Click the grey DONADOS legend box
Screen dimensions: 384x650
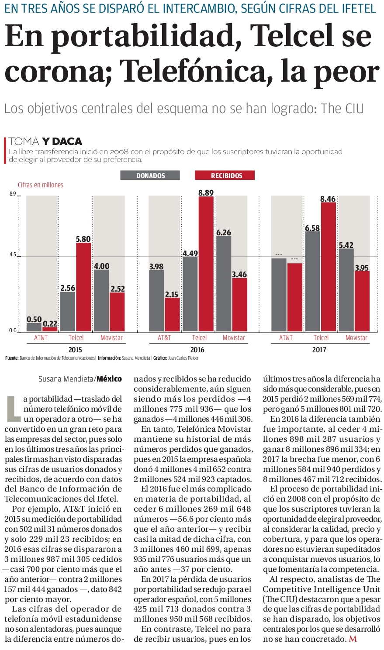point(150,175)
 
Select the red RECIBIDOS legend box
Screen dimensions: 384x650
point(225,175)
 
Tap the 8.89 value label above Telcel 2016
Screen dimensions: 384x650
point(206,193)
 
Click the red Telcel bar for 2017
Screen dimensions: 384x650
point(329,267)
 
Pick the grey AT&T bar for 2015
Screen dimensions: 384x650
point(34,327)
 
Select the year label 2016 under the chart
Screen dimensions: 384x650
point(197,350)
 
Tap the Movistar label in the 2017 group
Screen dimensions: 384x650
point(356,338)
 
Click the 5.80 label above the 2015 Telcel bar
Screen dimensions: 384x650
point(83,239)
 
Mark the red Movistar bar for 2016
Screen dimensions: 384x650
point(240,304)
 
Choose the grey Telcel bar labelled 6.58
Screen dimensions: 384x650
point(312,281)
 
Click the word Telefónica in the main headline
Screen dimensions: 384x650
point(192,71)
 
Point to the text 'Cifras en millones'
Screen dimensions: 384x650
point(40,185)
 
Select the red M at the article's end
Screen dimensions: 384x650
point(353,639)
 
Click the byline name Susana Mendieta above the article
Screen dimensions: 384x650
point(66,378)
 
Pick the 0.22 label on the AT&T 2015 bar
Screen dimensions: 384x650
point(50,323)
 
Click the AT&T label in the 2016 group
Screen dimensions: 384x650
point(164,338)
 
